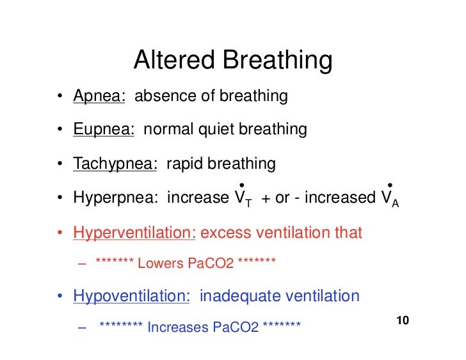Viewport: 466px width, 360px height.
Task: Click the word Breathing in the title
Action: pos(277,61)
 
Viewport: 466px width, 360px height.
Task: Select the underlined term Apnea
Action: pos(99,97)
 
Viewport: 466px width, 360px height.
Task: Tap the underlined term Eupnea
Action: pos(103,130)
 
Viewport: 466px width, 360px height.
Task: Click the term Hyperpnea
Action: pos(115,198)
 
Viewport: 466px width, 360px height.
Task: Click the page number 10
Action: pos(403,320)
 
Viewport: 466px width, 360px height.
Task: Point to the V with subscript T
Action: pos(241,198)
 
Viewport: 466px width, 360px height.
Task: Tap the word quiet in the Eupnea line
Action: pos(217,130)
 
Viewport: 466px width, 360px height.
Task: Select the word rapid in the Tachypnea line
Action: pos(184,164)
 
